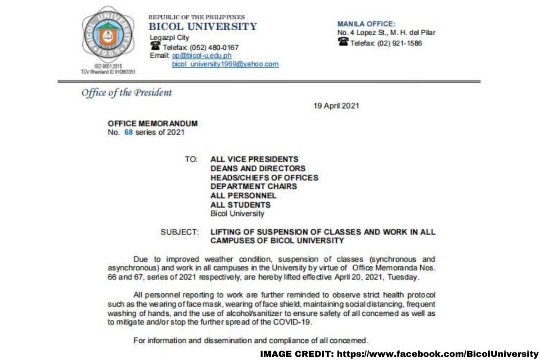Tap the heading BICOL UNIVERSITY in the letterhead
click(x=202, y=27)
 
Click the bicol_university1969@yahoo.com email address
click(x=225, y=64)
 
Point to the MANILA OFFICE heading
click(x=366, y=24)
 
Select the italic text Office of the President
click(x=126, y=93)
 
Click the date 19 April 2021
click(x=336, y=106)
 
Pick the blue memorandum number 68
click(x=128, y=133)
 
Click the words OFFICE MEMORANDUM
click(x=153, y=124)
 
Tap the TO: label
click(x=191, y=159)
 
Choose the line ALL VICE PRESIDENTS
click(x=254, y=159)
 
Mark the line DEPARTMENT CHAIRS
click(x=253, y=186)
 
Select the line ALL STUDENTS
click(x=240, y=205)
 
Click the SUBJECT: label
click(x=180, y=232)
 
